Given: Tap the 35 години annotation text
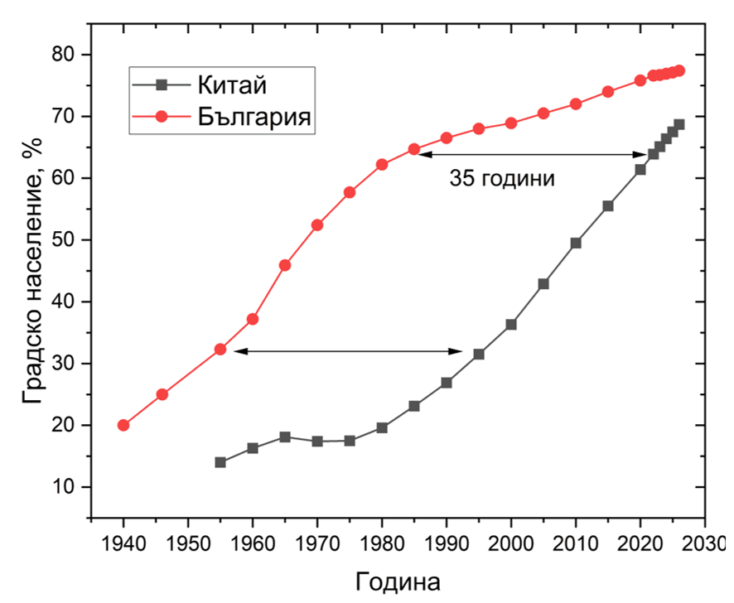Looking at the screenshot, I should (502, 178).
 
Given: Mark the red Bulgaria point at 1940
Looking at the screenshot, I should (123, 425).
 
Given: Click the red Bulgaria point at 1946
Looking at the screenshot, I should (162, 394).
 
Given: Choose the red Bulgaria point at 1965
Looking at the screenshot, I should (285, 265).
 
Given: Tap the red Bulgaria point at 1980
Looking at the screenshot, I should (382, 165).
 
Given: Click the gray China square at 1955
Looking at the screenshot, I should (220, 462).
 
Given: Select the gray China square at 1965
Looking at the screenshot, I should (285, 437).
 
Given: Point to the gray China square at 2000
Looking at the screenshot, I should (511, 325).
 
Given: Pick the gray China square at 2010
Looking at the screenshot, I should (576, 243).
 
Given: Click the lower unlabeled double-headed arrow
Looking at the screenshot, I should (348, 351).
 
